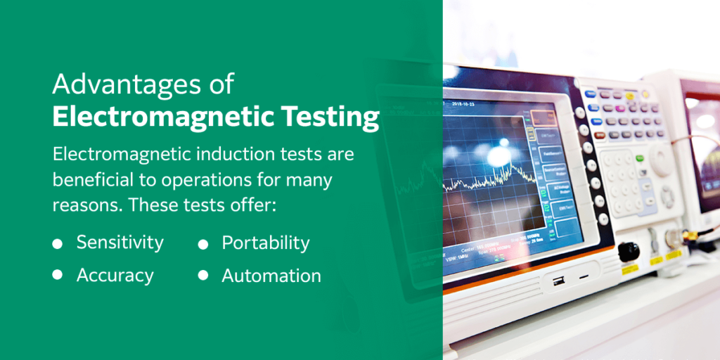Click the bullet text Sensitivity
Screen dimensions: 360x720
tap(120, 243)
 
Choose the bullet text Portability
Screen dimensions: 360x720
tap(265, 243)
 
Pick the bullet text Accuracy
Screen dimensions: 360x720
tap(115, 276)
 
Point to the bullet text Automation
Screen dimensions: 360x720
tap(271, 276)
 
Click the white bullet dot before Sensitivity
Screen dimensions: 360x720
tap(58, 244)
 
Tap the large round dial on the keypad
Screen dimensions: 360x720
tap(661, 160)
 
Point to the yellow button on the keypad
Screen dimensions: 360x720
tap(630, 96)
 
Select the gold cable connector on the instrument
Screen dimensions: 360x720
tap(690, 238)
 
